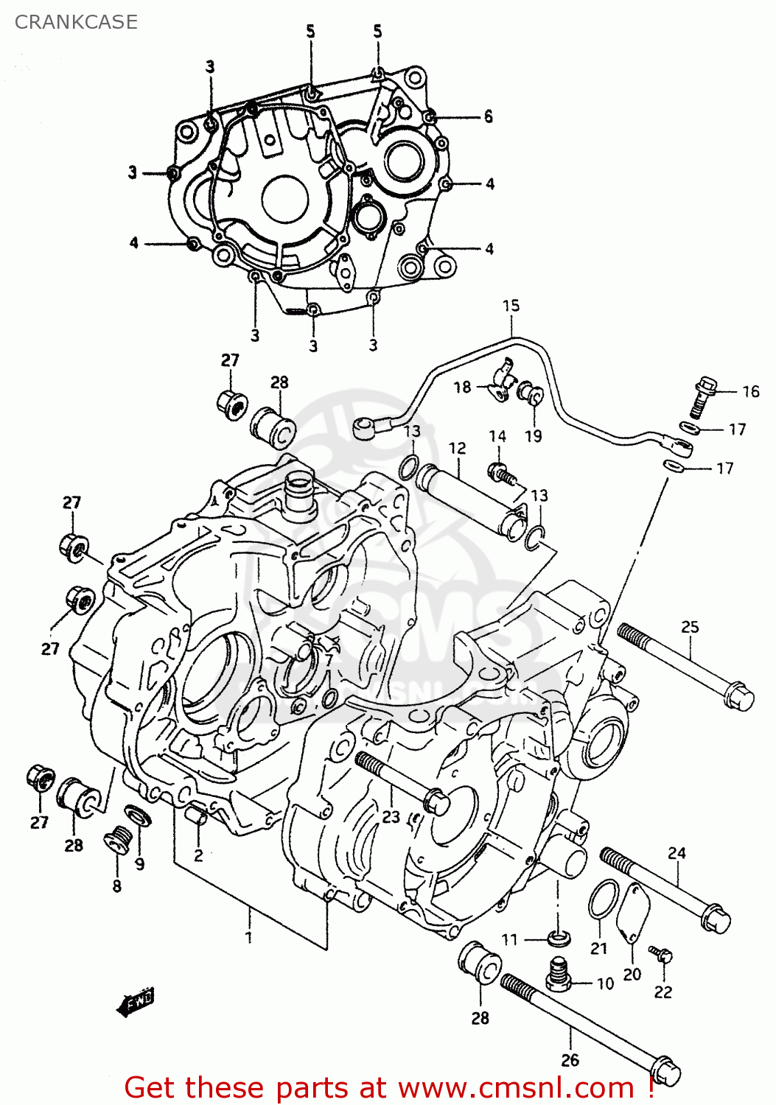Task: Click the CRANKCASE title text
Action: click(x=76, y=22)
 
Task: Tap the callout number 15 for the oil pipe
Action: click(x=511, y=306)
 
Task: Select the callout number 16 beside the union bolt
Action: click(x=750, y=392)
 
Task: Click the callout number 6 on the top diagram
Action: click(x=488, y=116)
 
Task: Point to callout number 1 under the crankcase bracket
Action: click(x=249, y=937)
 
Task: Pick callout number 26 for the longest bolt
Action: click(x=570, y=1060)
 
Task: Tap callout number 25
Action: click(x=690, y=627)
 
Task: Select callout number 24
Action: click(x=677, y=853)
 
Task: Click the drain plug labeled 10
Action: click(x=559, y=975)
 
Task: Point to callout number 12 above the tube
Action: click(x=457, y=448)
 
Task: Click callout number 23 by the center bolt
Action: click(x=391, y=816)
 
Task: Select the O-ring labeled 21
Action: click(x=604, y=899)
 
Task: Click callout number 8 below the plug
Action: click(x=116, y=886)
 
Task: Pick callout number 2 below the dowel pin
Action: click(x=198, y=855)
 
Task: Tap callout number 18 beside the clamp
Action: click(x=462, y=387)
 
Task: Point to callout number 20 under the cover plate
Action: click(x=632, y=975)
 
